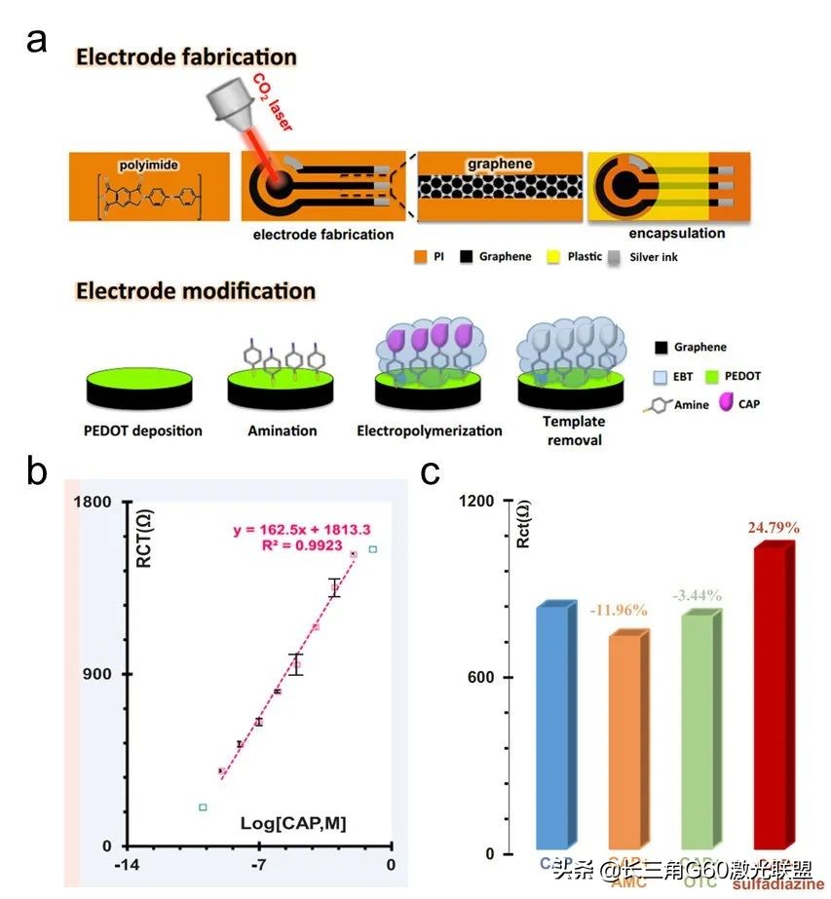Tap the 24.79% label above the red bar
[x=774, y=528]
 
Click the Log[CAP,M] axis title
[x=293, y=824]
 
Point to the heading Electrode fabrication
[x=186, y=56]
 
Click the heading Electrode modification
[x=196, y=290]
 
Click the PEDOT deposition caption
[x=144, y=431]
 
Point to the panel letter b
[x=38, y=472]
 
